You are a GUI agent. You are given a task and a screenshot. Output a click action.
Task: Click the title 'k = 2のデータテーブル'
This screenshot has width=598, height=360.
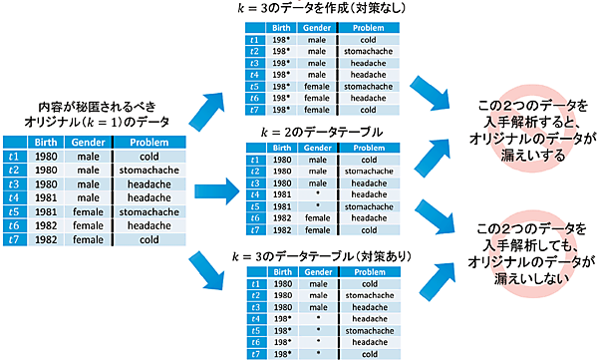pos(323,132)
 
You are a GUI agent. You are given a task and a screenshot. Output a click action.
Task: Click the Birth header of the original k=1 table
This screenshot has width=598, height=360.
pos(45,143)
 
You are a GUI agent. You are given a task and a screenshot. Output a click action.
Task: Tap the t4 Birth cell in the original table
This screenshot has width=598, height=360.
pos(45,197)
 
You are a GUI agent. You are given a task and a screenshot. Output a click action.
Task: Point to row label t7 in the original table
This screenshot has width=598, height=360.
pos(13,239)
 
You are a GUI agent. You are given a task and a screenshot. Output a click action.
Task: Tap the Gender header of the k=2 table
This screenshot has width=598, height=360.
pos(317,148)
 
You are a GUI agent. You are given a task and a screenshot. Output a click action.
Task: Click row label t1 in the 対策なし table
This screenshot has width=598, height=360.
pos(256,39)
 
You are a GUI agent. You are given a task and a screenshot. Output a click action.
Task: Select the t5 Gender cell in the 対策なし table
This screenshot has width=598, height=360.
pos(317,86)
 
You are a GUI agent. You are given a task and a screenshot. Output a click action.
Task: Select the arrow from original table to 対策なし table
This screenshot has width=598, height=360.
pos(215,105)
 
